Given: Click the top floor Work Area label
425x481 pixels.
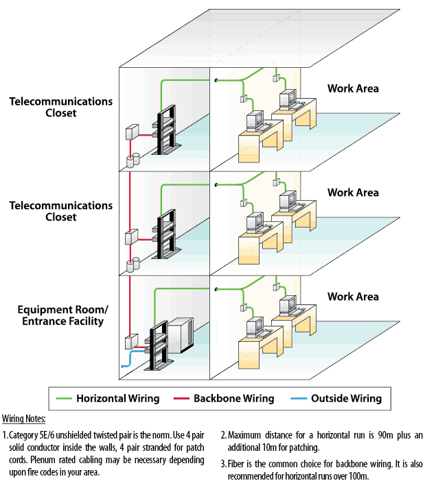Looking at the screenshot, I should [352, 88].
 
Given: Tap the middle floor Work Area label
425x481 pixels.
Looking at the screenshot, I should [352, 193].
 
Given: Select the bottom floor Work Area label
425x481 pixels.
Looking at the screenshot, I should [352, 297].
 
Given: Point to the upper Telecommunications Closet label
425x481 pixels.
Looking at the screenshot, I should [60, 107].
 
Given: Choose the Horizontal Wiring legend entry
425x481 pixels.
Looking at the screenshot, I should [117, 398].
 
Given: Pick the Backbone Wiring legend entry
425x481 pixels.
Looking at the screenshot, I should [233, 398].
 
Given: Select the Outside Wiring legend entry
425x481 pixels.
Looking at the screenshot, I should [345, 398].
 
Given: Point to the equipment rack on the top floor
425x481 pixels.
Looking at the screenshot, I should [168, 129].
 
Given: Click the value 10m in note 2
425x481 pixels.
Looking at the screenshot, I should [269, 447].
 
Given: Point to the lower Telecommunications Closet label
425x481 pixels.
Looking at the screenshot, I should [60, 211].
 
